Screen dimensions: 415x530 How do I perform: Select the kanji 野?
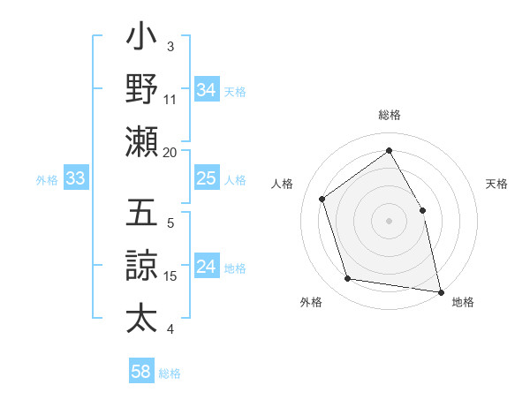coord(141,89)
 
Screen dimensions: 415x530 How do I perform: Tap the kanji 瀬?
coord(141,142)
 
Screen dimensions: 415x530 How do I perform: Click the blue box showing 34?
coord(207,90)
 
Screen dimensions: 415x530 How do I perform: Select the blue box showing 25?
coord(207,179)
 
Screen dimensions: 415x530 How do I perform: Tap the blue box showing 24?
coord(207,268)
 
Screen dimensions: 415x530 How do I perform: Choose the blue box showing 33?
coord(76,179)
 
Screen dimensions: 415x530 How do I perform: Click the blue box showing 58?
coord(141,373)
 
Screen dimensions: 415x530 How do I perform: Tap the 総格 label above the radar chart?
coord(389,116)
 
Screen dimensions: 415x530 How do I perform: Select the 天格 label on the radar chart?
coord(496,184)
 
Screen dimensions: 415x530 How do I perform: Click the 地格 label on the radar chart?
coord(463,302)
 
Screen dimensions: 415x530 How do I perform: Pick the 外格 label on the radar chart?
coord(311,302)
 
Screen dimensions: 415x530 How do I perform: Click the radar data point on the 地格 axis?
coord(440,290)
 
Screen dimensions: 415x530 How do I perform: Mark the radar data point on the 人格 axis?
coord(322,199)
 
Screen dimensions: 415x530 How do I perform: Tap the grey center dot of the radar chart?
coord(389,220)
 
